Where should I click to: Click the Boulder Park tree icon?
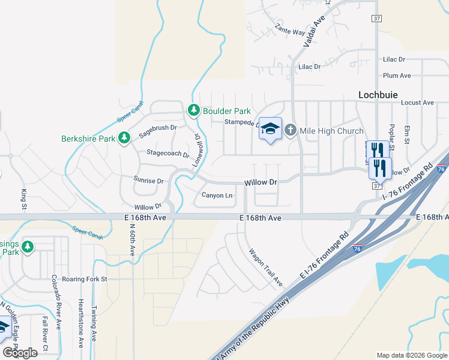(x=193, y=110)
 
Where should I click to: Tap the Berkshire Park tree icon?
(x=124, y=139)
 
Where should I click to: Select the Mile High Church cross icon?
(x=291, y=130)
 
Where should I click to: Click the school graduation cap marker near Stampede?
(x=270, y=128)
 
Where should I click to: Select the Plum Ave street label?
(x=397, y=76)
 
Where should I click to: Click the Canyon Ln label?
(x=217, y=195)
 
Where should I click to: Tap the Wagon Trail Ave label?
(x=265, y=267)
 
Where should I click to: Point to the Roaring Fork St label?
(x=87, y=279)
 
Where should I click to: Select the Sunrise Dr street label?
(x=149, y=181)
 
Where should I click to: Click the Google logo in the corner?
(x=20, y=353)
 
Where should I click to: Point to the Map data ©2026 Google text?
(x=412, y=355)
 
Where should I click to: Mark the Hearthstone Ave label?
(x=80, y=324)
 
